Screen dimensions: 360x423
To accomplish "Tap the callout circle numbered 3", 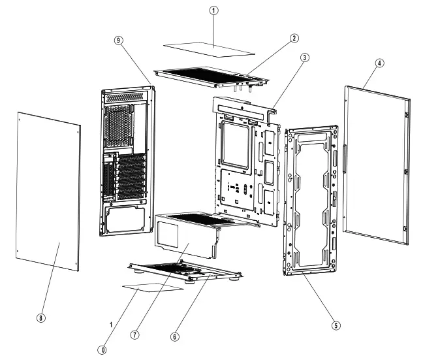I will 305,58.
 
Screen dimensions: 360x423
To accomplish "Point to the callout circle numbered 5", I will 336,325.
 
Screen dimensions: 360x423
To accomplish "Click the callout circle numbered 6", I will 174,336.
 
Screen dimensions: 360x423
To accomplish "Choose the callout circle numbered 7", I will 134,334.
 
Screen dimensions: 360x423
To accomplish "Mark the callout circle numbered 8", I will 41,318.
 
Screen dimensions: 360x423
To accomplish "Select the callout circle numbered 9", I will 118,40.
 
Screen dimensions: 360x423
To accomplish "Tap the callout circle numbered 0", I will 102,350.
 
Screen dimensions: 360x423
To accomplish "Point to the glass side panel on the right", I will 375,163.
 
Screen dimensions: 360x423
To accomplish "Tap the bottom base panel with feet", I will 186,269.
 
